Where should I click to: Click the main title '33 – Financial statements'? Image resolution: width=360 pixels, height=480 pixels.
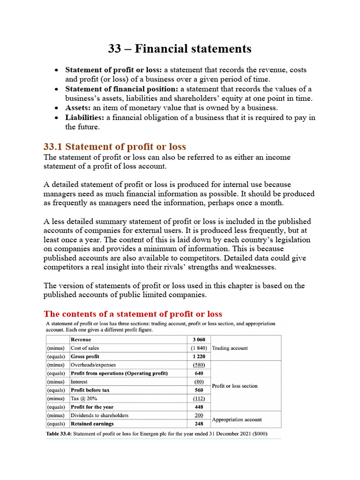click(180, 49)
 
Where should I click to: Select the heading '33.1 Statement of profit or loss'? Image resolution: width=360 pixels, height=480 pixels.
click(114, 147)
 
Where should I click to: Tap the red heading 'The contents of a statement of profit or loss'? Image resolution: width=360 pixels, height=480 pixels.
click(133, 314)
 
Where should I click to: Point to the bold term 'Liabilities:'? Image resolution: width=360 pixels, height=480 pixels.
click(85, 118)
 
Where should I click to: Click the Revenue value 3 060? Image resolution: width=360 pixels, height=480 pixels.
click(199, 340)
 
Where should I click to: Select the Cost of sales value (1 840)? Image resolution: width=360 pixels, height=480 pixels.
click(199, 348)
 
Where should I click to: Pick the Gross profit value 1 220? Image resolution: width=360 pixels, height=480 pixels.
click(199, 357)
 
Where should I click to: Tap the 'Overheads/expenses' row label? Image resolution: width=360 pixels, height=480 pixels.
click(93, 365)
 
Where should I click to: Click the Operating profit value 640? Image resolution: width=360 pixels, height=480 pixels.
click(199, 373)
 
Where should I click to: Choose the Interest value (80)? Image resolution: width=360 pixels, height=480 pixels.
click(199, 382)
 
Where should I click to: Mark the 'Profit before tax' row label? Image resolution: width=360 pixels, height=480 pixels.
click(90, 390)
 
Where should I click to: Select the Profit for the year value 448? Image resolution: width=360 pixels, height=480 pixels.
click(199, 407)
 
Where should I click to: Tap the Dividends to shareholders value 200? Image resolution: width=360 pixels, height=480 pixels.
click(199, 415)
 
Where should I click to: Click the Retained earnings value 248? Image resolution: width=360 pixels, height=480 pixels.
click(199, 424)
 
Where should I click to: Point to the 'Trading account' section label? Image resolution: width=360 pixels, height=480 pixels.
click(230, 348)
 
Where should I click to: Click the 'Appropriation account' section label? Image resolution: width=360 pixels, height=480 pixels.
click(237, 420)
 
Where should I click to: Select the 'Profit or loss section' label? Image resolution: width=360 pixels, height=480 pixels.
click(234, 386)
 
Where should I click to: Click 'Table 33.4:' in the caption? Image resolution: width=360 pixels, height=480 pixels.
click(59, 434)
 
